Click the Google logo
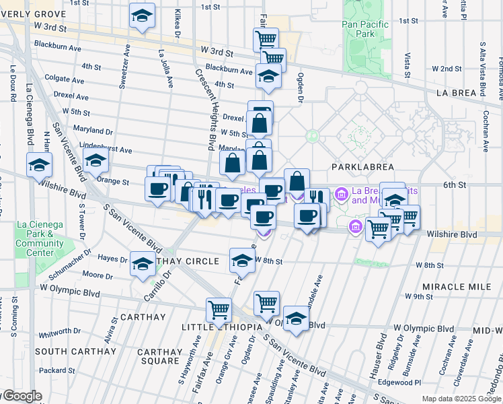click(x=22, y=396)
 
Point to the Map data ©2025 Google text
click(x=461, y=399)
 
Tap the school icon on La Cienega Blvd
click(x=40, y=164)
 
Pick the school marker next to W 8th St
click(x=242, y=260)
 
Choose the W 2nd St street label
click(x=447, y=69)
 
